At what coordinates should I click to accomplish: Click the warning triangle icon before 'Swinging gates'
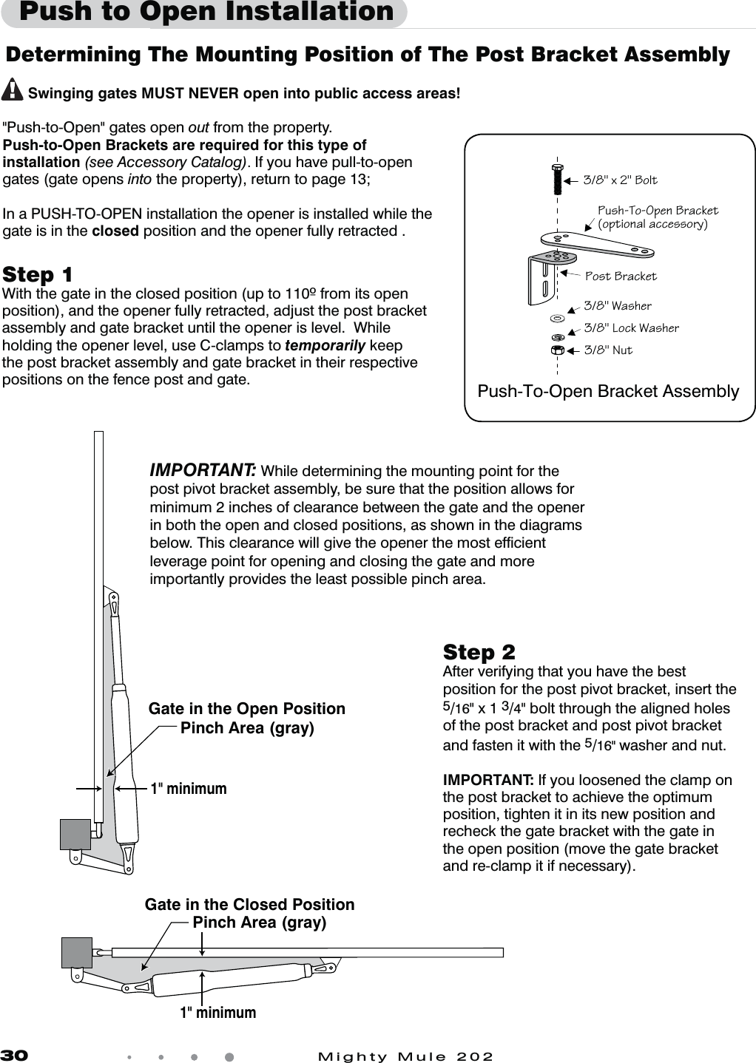[13, 91]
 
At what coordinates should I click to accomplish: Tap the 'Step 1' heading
[38, 275]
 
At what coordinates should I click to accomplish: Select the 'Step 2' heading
[479, 653]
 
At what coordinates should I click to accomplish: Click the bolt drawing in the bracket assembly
[557, 178]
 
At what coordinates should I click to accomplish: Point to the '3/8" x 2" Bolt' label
[620, 180]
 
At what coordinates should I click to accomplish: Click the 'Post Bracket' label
[621, 276]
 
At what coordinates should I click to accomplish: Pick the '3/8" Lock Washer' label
[631, 328]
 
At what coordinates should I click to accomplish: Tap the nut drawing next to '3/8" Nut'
[558, 350]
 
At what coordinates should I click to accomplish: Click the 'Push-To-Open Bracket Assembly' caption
[608, 392]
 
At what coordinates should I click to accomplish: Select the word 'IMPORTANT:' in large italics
[203, 471]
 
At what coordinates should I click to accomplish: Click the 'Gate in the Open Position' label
[247, 709]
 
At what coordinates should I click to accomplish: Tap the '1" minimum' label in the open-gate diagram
[189, 789]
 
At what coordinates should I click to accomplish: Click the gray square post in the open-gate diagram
[75, 834]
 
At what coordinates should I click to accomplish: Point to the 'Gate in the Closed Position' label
[250, 905]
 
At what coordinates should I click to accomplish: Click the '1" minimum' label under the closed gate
[218, 1013]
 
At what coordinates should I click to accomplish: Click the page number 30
[13, 1056]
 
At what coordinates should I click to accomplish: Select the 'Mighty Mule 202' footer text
[405, 1056]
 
